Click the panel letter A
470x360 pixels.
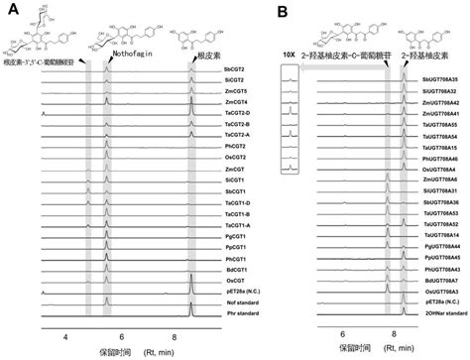[x=8, y=9]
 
